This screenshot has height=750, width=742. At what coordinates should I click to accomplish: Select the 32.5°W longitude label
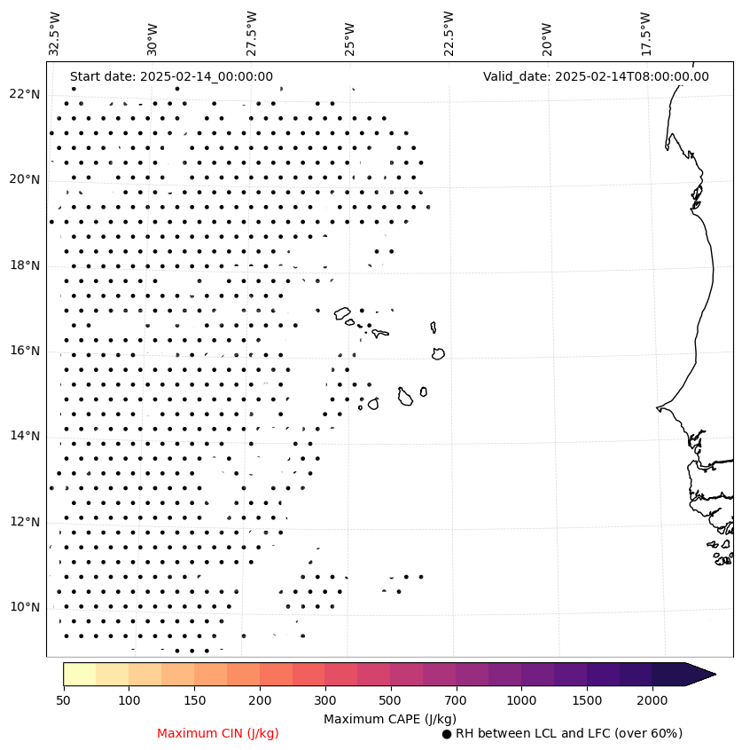55,34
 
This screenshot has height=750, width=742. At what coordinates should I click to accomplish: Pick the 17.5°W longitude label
645,34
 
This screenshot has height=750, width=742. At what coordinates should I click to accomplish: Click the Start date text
171,76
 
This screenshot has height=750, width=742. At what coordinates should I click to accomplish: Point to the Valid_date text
596,76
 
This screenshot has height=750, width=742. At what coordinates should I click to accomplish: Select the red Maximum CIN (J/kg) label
217,733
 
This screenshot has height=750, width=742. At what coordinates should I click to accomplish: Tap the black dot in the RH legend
447,734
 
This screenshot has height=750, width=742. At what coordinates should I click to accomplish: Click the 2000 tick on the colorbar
652,700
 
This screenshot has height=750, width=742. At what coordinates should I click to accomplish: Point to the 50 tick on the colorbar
63,700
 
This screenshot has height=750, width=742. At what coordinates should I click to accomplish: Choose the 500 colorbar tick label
391,700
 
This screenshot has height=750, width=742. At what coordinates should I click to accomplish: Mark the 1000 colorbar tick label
521,700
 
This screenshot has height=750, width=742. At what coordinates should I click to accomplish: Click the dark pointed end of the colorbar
700,674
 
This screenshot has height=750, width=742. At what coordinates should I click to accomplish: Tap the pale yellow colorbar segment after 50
80,674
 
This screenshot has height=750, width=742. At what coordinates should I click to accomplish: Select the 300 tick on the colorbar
325,700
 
